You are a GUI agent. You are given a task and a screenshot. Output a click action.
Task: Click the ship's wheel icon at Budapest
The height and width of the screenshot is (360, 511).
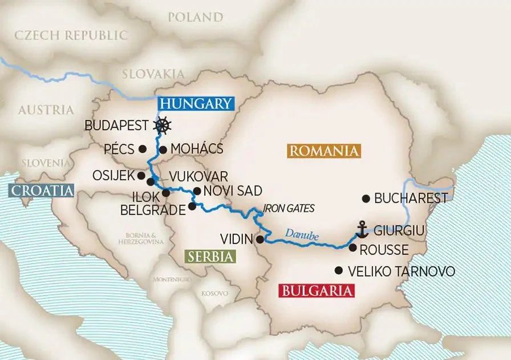[163, 126]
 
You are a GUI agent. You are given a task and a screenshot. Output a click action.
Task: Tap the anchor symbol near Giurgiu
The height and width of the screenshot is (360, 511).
[362, 229]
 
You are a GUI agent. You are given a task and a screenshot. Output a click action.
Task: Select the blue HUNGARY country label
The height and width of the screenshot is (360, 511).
[196, 103]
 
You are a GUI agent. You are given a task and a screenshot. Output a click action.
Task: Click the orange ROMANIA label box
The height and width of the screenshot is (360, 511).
[323, 151]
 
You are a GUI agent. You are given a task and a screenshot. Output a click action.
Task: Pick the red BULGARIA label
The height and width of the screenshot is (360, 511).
[316, 291]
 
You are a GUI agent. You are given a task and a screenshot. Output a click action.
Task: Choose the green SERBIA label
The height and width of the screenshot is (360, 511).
[210, 257]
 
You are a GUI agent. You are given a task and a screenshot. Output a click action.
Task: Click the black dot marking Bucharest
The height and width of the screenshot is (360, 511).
[366, 199]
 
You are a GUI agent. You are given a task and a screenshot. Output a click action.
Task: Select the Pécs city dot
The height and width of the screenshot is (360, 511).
[143, 149]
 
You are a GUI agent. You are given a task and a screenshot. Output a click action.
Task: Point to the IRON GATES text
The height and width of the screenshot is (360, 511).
[290, 209]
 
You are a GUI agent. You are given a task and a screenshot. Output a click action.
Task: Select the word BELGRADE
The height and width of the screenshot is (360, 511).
[153, 210]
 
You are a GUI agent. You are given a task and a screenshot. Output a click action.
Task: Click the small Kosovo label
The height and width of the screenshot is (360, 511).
[214, 293]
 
